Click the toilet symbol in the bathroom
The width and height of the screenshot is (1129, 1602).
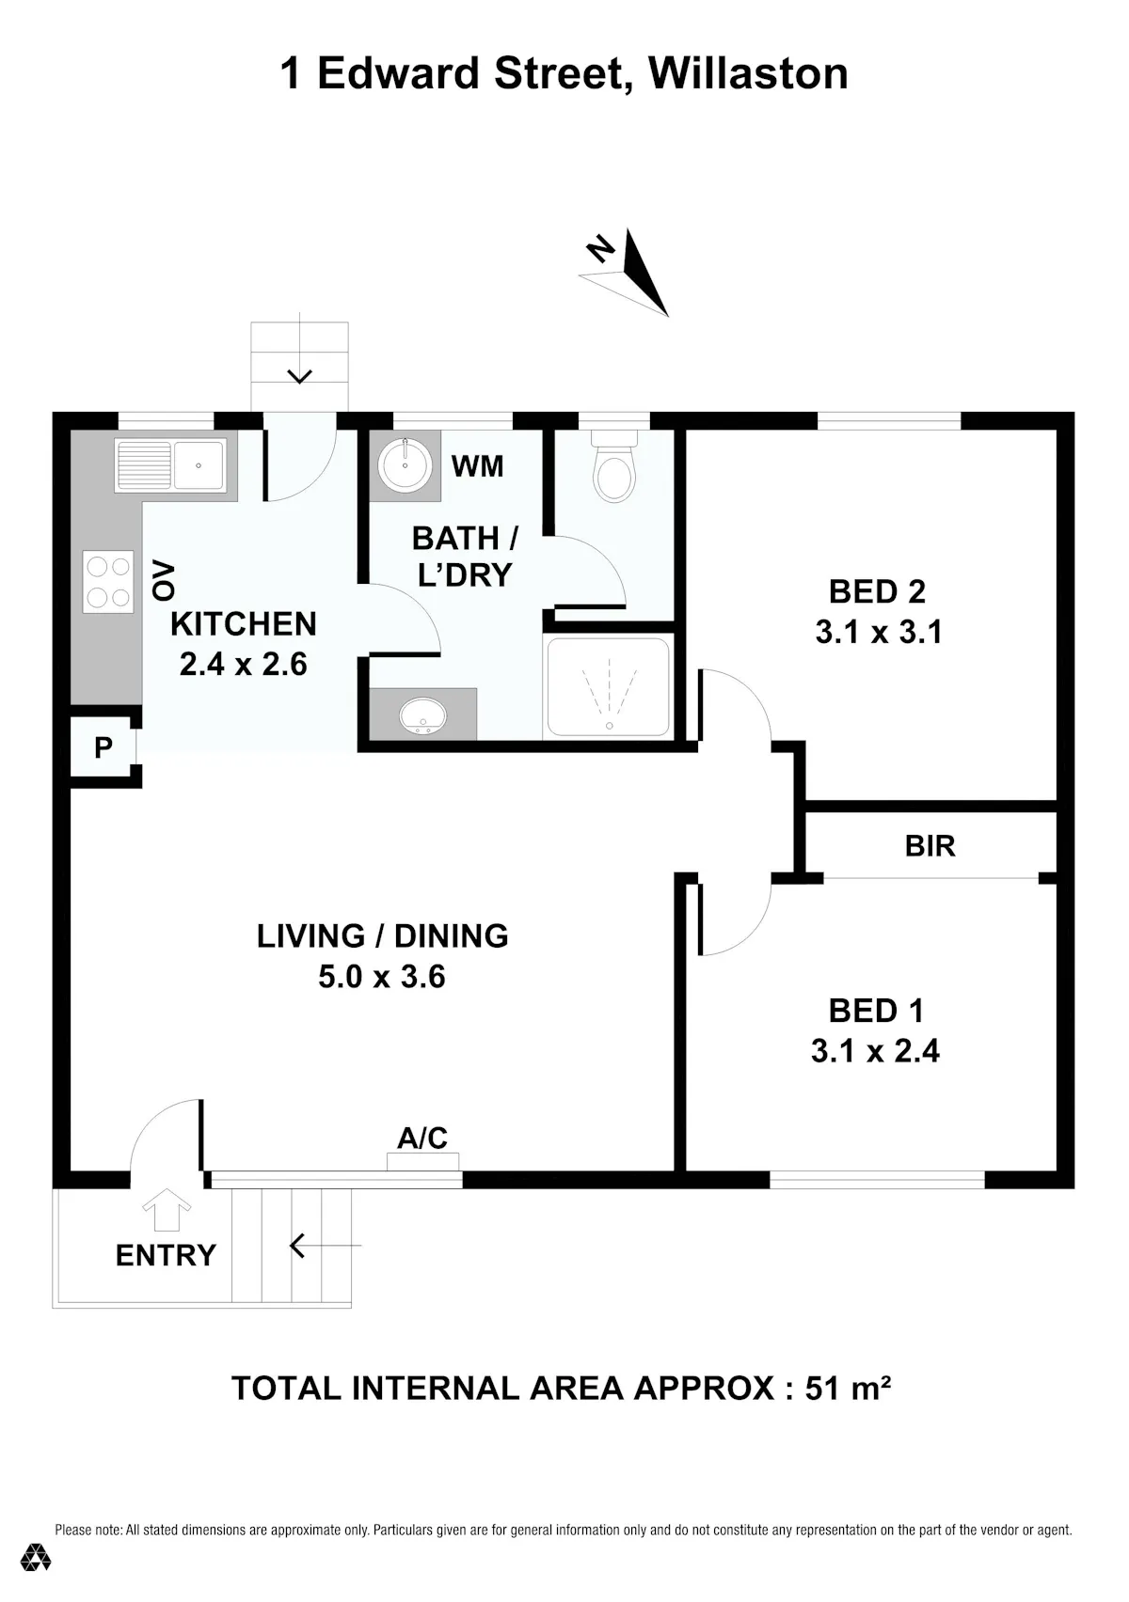(615, 465)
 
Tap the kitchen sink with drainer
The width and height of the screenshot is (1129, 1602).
(170, 464)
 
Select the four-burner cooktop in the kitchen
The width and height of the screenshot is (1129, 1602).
(108, 581)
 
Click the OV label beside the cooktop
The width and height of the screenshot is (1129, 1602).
(163, 580)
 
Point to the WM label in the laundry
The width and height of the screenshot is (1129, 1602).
(478, 466)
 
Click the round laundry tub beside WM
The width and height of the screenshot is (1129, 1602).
(405, 464)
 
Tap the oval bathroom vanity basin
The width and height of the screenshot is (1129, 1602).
(422, 715)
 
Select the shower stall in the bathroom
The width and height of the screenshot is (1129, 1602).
(609, 687)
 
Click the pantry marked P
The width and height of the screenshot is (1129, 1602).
(103, 747)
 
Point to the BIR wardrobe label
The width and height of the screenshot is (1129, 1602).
(930, 846)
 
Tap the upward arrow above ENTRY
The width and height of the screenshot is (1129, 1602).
(167, 1209)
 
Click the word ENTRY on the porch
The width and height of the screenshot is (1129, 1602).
(167, 1255)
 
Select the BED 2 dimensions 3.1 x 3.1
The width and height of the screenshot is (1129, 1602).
(879, 632)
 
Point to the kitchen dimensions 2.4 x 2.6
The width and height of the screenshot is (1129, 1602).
(244, 665)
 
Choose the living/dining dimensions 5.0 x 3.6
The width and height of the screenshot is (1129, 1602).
(382, 976)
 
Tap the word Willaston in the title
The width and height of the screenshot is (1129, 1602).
(748, 73)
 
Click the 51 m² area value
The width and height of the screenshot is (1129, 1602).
(848, 1389)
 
